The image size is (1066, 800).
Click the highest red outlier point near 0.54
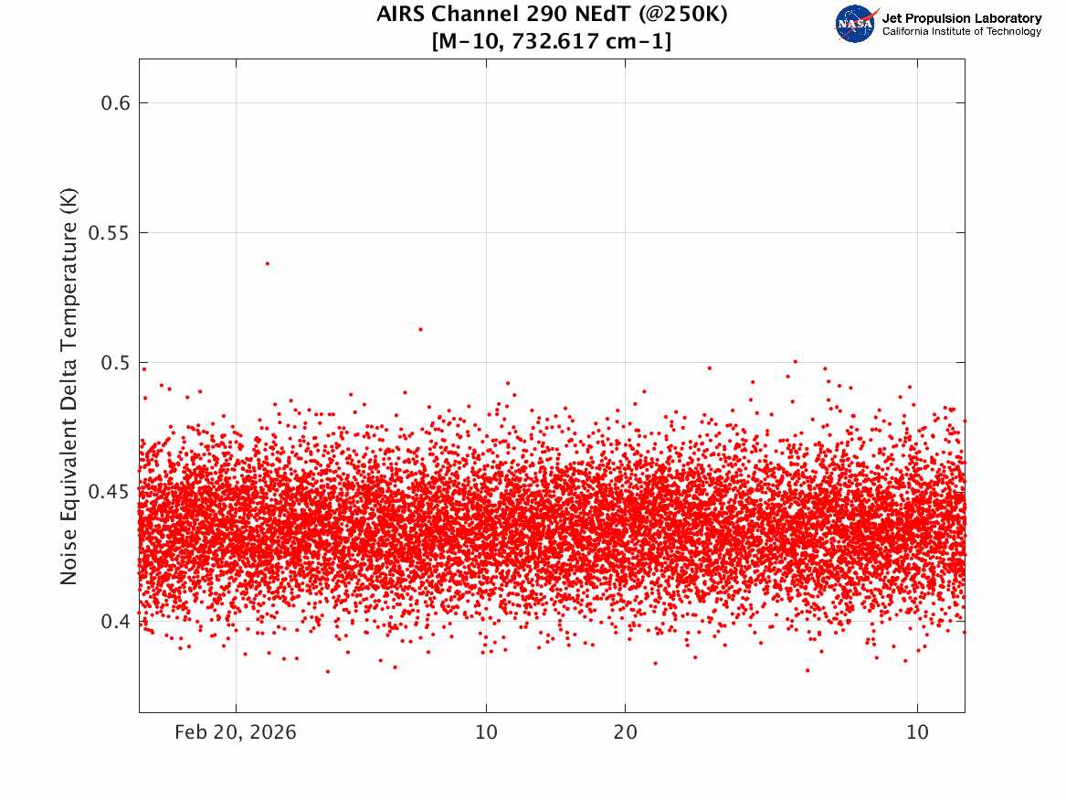click(x=267, y=263)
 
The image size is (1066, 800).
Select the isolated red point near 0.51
click(x=420, y=329)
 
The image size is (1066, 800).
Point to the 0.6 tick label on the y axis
click(x=116, y=102)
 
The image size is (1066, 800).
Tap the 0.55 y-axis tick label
click(x=110, y=232)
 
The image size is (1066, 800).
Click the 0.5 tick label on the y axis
click(x=116, y=363)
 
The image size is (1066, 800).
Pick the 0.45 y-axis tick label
click(x=110, y=492)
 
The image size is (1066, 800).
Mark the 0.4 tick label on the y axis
click(x=116, y=622)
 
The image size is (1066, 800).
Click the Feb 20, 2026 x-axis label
click(x=236, y=732)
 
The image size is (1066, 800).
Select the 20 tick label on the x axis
click(x=626, y=732)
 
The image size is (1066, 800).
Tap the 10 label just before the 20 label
click(x=486, y=732)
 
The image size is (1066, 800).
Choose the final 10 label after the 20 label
click(x=917, y=732)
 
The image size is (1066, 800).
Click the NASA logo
click(x=856, y=24)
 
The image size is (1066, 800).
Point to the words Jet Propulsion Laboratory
click(x=962, y=18)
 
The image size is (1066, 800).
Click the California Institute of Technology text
click(x=962, y=31)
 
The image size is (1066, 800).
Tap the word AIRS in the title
click(x=401, y=14)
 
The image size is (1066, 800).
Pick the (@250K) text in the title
click(x=683, y=15)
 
